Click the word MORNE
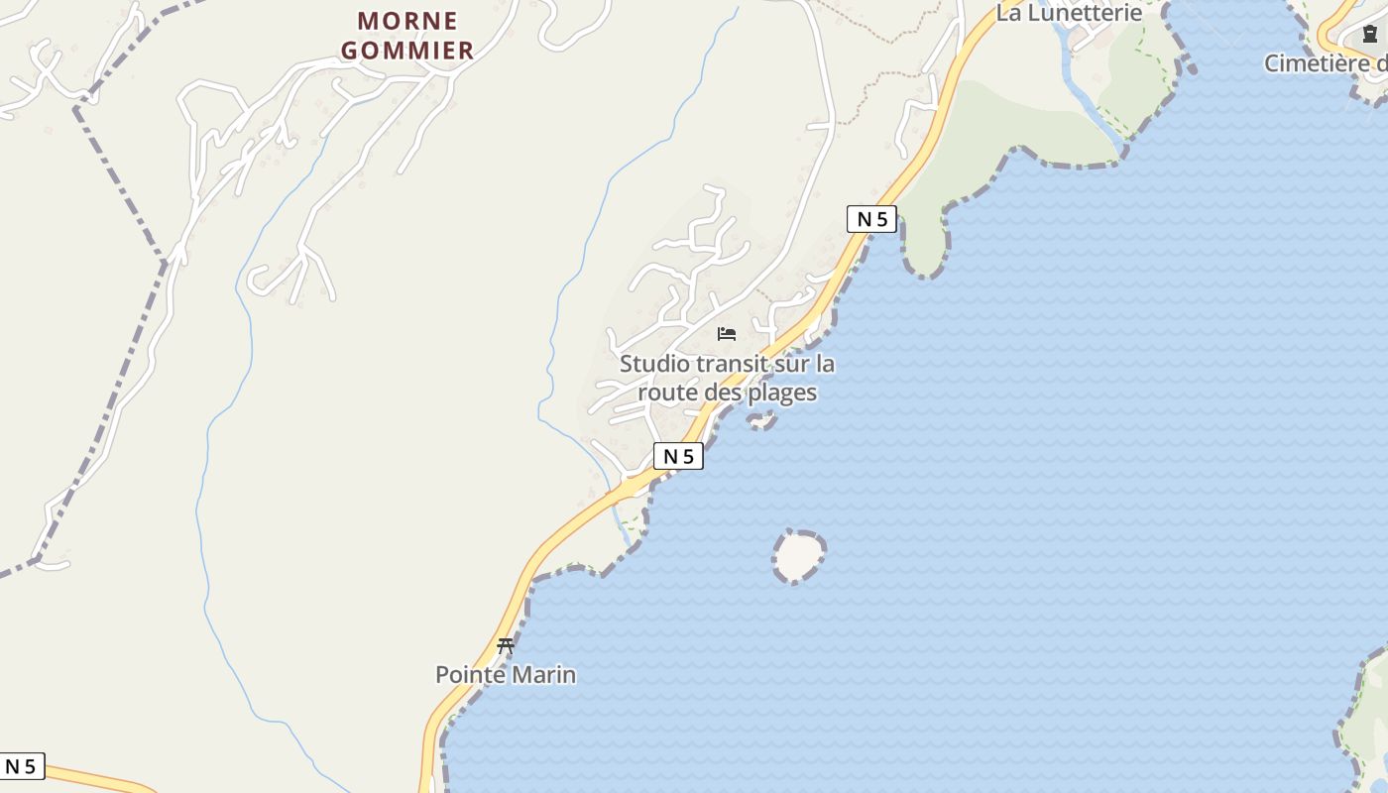(x=407, y=21)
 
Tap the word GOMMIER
(x=407, y=51)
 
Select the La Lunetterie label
(x=1069, y=13)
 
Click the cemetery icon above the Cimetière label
(x=1370, y=35)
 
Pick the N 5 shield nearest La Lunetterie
(x=871, y=219)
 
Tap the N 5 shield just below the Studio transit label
(x=678, y=456)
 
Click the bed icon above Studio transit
(x=727, y=334)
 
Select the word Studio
(x=654, y=364)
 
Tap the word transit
(x=732, y=364)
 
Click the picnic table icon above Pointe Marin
(x=506, y=646)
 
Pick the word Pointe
(x=470, y=675)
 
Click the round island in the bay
(x=798, y=556)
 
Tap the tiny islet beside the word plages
(x=761, y=422)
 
